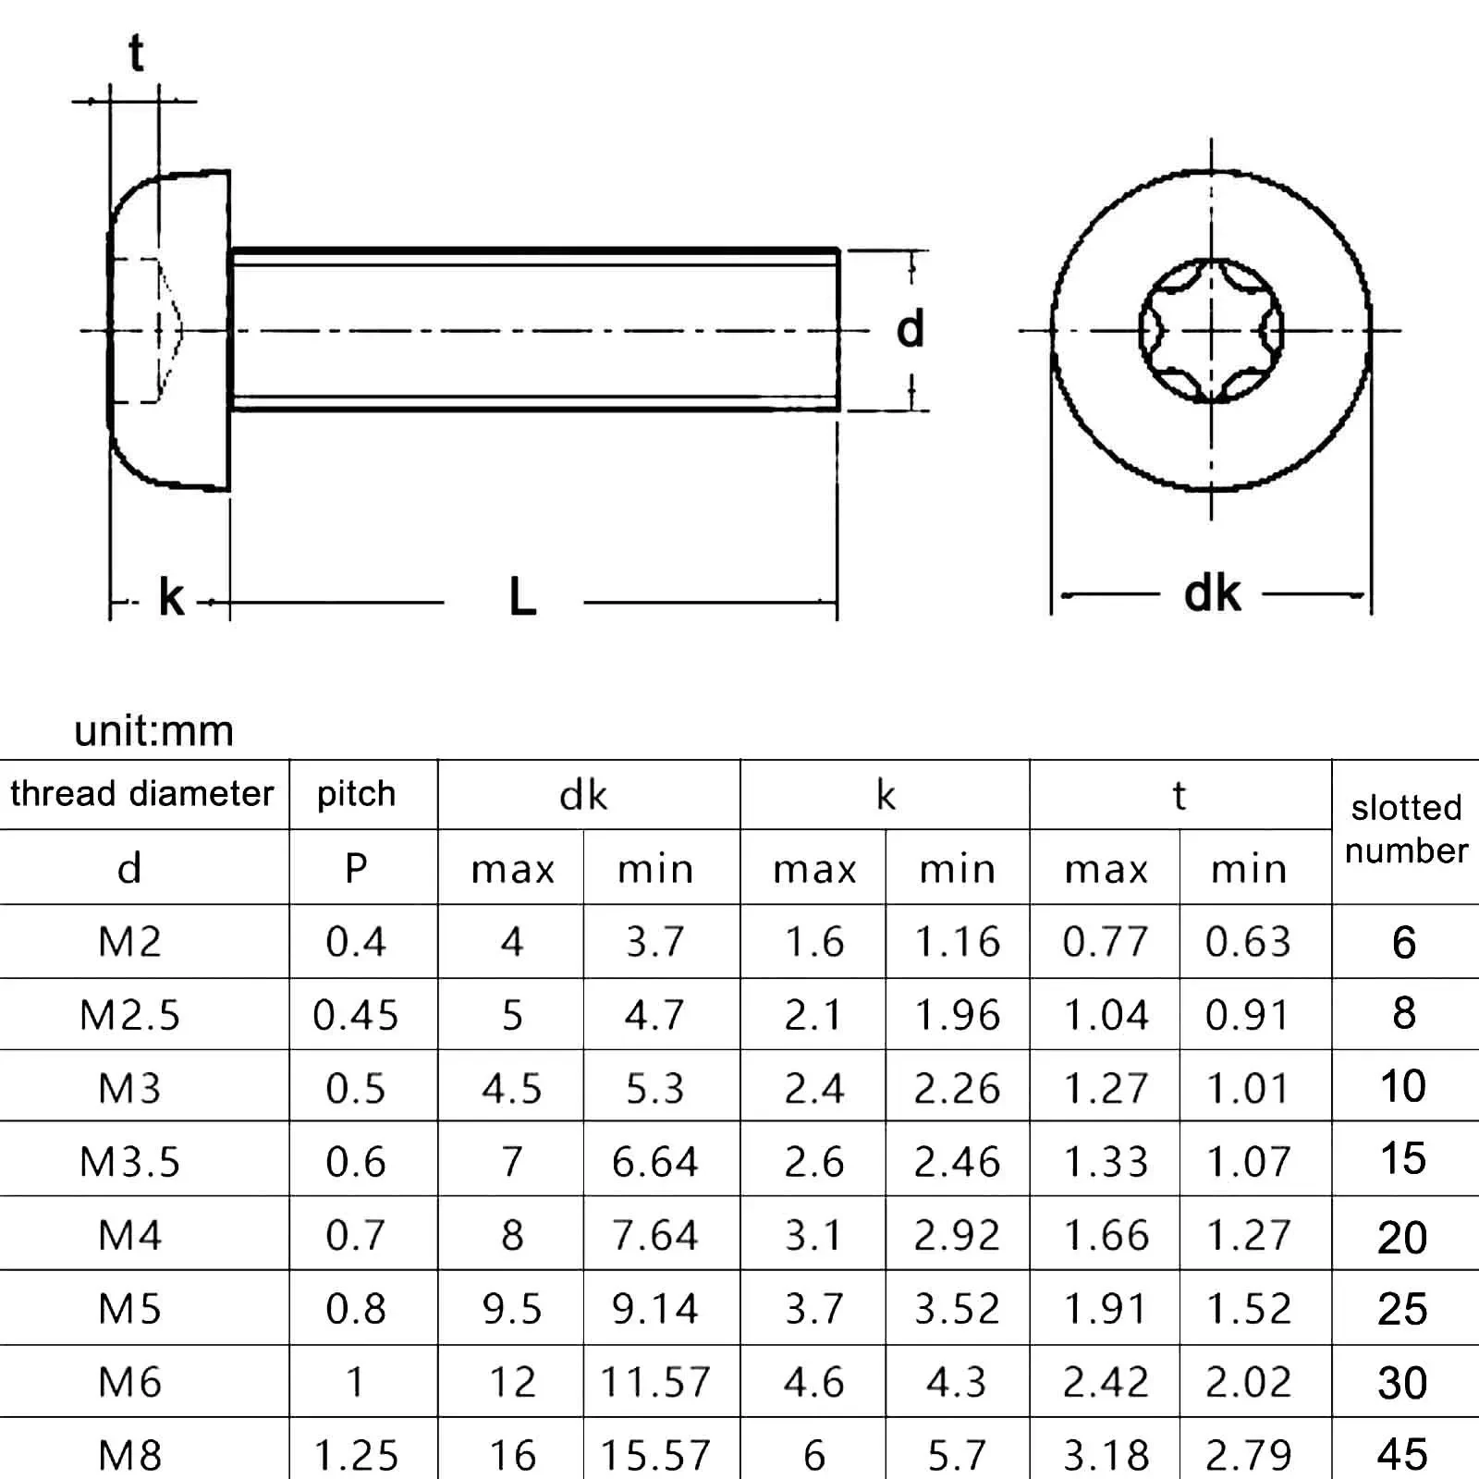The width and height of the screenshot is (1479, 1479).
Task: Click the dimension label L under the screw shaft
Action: [x=522, y=598]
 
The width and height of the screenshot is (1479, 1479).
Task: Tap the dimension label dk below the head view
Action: [x=1212, y=593]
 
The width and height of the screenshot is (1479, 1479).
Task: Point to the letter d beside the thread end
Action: [x=910, y=329]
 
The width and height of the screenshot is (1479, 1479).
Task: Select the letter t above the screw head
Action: [x=137, y=53]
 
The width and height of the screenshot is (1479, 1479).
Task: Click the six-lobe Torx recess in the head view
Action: [x=1211, y=330]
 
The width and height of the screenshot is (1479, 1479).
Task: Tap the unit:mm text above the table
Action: [x=153, y=730]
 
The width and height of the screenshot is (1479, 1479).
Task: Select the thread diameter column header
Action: [x=142, y=794]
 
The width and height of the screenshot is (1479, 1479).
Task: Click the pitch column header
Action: [x=356, y=794]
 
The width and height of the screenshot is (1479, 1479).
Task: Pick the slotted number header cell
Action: [x=1406, y=829]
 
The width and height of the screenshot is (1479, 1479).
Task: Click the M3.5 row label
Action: [x=129, y=1162]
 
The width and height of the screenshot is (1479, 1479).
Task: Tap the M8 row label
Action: [x=129, y=1455]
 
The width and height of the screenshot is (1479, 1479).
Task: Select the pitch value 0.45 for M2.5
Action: [x=356, y=1015]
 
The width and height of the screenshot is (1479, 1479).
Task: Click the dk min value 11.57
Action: [x=655, y=1382]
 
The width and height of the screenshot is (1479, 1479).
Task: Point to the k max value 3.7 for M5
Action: [x=814, y=1309]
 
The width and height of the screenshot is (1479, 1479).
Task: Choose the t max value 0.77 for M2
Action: [x=1106, y=942]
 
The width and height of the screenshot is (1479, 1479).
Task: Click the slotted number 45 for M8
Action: [x=1402, y=1455]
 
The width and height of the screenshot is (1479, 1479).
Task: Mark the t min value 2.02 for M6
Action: [x=1248, y=1382]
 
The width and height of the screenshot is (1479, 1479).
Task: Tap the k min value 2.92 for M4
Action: [x=957, y=1236]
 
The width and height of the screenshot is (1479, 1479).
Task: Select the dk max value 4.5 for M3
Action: [x=511, y=1089]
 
